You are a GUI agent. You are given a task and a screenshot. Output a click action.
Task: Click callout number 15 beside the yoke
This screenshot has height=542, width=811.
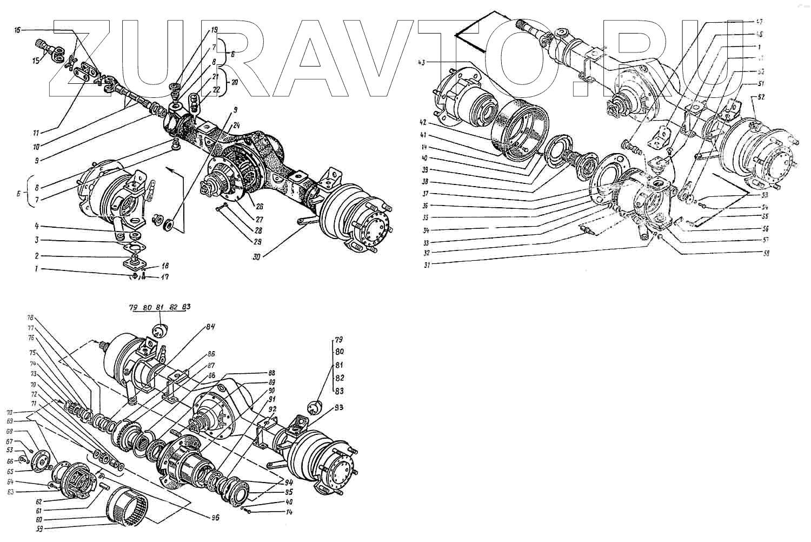pyautogui.click(x=36, y=61)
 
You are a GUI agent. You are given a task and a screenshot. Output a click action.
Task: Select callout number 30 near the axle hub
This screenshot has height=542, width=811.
pyautogui.click(x=256, y=257)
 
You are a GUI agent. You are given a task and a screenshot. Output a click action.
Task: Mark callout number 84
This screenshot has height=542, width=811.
pyautogui.click(x=210, y=326)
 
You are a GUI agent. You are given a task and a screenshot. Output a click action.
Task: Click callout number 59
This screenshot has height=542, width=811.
pyautogui.click(x=39, y=528)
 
